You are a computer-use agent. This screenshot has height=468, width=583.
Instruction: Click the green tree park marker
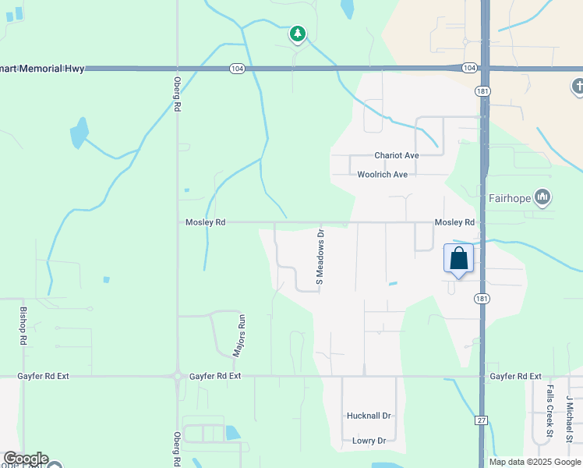pyautogui.click(x=297, y=34)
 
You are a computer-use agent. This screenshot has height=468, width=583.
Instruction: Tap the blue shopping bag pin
pyautogui.click(x=458, y=258)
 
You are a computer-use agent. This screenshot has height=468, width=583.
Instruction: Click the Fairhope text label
pyautogui.click(x=509, y=198)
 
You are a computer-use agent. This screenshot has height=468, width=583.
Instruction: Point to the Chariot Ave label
pyautogui.click(x=396, y=155)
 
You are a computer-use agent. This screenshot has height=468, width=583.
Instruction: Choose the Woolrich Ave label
pyautogui.click(x=382, y=175)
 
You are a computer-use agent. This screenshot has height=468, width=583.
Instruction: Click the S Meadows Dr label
pyautogui.click(x=320, y=255)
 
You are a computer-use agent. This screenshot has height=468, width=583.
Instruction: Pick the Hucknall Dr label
pyautogui.click(x=368, y=416)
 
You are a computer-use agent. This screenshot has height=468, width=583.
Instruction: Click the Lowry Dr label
pyautogui.click(x=369, y=441)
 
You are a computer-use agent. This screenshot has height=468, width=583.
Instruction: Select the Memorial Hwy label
pyautogui.click(x=42, y=69)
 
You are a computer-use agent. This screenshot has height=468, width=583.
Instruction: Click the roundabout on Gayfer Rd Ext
pyautogui.click(x=178, y=376)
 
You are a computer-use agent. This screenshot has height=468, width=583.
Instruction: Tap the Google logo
pyautogui.click(x=25, y=459)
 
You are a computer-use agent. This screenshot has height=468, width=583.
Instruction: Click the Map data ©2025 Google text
pyautogui.click(x=535, y=462)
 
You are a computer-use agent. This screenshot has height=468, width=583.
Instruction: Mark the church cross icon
pyautogui.click(x=578, y=87)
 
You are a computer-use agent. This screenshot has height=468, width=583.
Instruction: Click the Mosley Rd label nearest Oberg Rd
pyautogui.click(x=205, y=222)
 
